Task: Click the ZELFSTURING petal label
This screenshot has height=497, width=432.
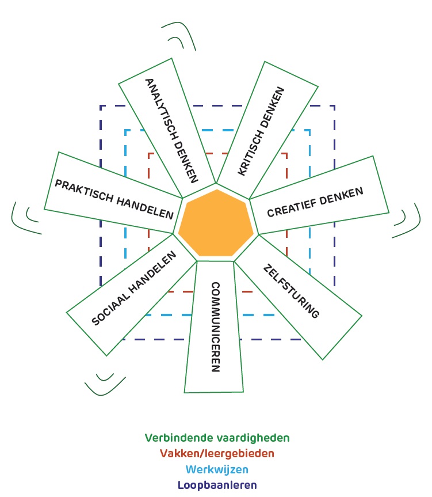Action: coord(290,291)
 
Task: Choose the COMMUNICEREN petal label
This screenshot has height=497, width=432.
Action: coord(215,327)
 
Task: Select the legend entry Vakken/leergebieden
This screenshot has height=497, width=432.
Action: coord(217,453)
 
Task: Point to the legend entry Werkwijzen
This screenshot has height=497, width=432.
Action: coord(217,469)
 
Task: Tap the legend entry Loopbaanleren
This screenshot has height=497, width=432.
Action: coord(217,485)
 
